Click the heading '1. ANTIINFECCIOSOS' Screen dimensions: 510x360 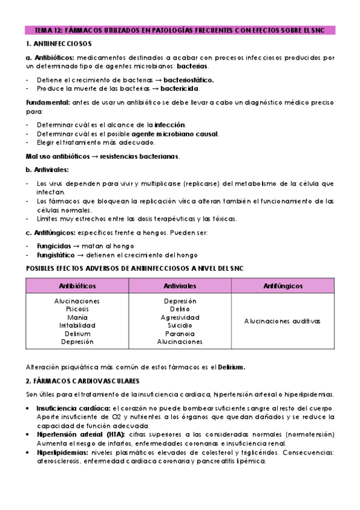pos(58,44)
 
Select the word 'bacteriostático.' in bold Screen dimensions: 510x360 pos(183,79)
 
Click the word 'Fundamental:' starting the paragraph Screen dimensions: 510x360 pos(48,102)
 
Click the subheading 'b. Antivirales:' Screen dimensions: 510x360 pos(47,170)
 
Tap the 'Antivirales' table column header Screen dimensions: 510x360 pos(180,286)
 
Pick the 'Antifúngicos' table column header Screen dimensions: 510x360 pos(282,286)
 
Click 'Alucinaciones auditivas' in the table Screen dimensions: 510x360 pos(282,321)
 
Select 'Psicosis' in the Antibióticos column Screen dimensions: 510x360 pos(77,309)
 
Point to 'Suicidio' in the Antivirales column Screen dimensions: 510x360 pos(180,325)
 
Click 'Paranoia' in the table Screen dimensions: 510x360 pos(180,333)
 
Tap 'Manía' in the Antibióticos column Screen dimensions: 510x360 pos(77,317)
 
